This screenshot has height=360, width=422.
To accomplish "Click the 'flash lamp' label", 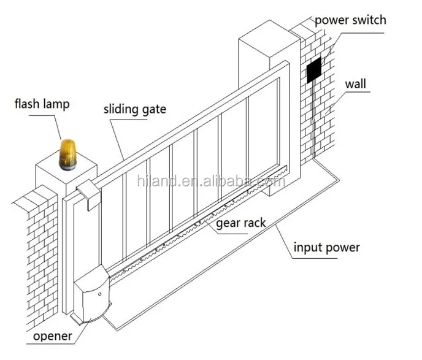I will (x=42, y=104).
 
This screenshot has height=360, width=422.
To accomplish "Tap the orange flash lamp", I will (x=67, y=153).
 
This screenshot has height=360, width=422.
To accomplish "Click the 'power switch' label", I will (x=350, y=20).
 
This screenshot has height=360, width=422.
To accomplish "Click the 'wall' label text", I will (x=356, y=84).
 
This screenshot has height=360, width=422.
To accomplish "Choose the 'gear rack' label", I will (x=240, y=222).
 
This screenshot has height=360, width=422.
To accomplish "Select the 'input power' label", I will (x=326, y=248).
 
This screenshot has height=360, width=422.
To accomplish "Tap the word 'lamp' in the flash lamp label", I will (x=56, y=104).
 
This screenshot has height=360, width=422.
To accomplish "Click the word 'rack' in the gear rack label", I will (x=254, y=222).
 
